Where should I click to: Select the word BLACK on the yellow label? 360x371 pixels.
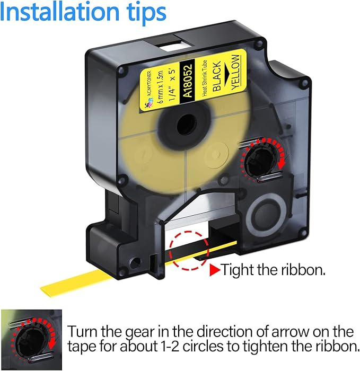click(217, 76)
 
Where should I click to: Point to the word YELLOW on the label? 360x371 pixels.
click(235, 73)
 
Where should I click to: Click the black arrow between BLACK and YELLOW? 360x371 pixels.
click(226, 74)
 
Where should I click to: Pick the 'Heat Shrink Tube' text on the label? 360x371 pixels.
click(205, 78)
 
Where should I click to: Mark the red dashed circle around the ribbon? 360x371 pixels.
click(189, 250)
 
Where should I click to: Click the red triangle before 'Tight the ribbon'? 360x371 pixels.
click(215, 270)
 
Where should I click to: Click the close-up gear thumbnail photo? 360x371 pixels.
click(31, 340)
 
